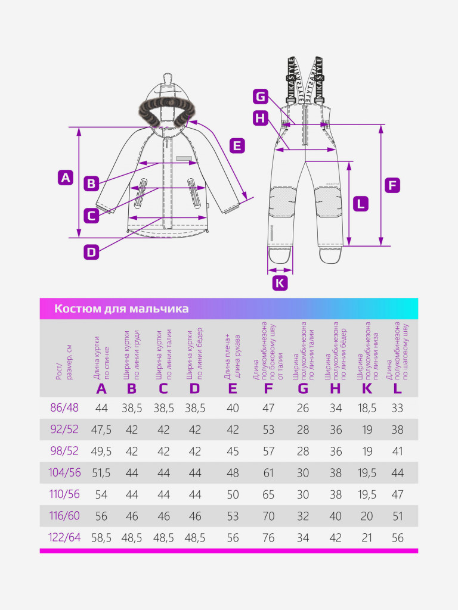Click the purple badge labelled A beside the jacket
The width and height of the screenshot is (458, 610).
tap(66, 178)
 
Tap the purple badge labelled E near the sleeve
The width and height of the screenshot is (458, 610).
tap(237, 146)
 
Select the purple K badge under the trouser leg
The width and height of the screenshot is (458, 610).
tap(280, 283)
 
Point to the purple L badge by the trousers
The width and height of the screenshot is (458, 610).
tap(361, 204)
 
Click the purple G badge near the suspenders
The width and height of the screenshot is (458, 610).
tap(261, 96)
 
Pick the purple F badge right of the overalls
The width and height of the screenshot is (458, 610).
tap(392, 185)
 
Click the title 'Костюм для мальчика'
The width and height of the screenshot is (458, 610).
tap(122, 309)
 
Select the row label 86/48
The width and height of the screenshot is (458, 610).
tap(64, 407)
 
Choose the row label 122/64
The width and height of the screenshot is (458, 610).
tap(64, 537)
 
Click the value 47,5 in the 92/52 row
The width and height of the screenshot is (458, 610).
tap(101, 430)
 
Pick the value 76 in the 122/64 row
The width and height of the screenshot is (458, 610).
tap(268, 538)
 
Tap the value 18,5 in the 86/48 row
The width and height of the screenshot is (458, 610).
tap(367, 408)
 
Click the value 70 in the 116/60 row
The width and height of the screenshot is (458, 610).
tap(268, 516)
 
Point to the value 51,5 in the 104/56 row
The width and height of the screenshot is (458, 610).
tap(101, 473)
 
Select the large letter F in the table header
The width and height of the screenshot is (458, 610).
tap(268, 388)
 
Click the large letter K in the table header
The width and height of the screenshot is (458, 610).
tap(367, 388)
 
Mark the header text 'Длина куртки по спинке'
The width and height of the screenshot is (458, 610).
tap(101, 357)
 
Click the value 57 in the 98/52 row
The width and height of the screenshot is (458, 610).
tap(268, 452)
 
